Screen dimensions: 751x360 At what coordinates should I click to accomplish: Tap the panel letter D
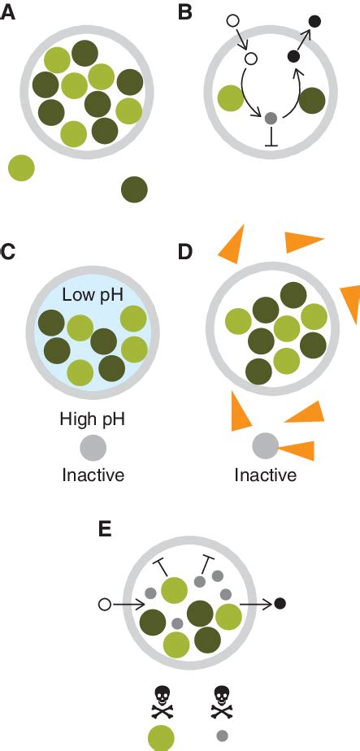(185, 251)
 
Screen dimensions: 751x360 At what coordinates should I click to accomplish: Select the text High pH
(93, 419)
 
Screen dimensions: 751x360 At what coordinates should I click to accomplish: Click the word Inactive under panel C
(93, 474)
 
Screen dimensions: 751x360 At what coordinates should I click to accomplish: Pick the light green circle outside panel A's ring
(21, 167)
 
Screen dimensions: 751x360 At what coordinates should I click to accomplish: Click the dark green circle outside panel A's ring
(134, 189)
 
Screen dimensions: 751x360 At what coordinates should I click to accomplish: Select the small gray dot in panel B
(271, 118)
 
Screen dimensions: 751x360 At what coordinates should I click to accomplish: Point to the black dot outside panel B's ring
(315, 20)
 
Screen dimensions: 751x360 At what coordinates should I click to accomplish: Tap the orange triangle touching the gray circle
(297, 449)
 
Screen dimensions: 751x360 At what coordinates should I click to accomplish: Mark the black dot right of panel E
(280, 603)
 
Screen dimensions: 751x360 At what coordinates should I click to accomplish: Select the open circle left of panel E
(103, 604)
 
